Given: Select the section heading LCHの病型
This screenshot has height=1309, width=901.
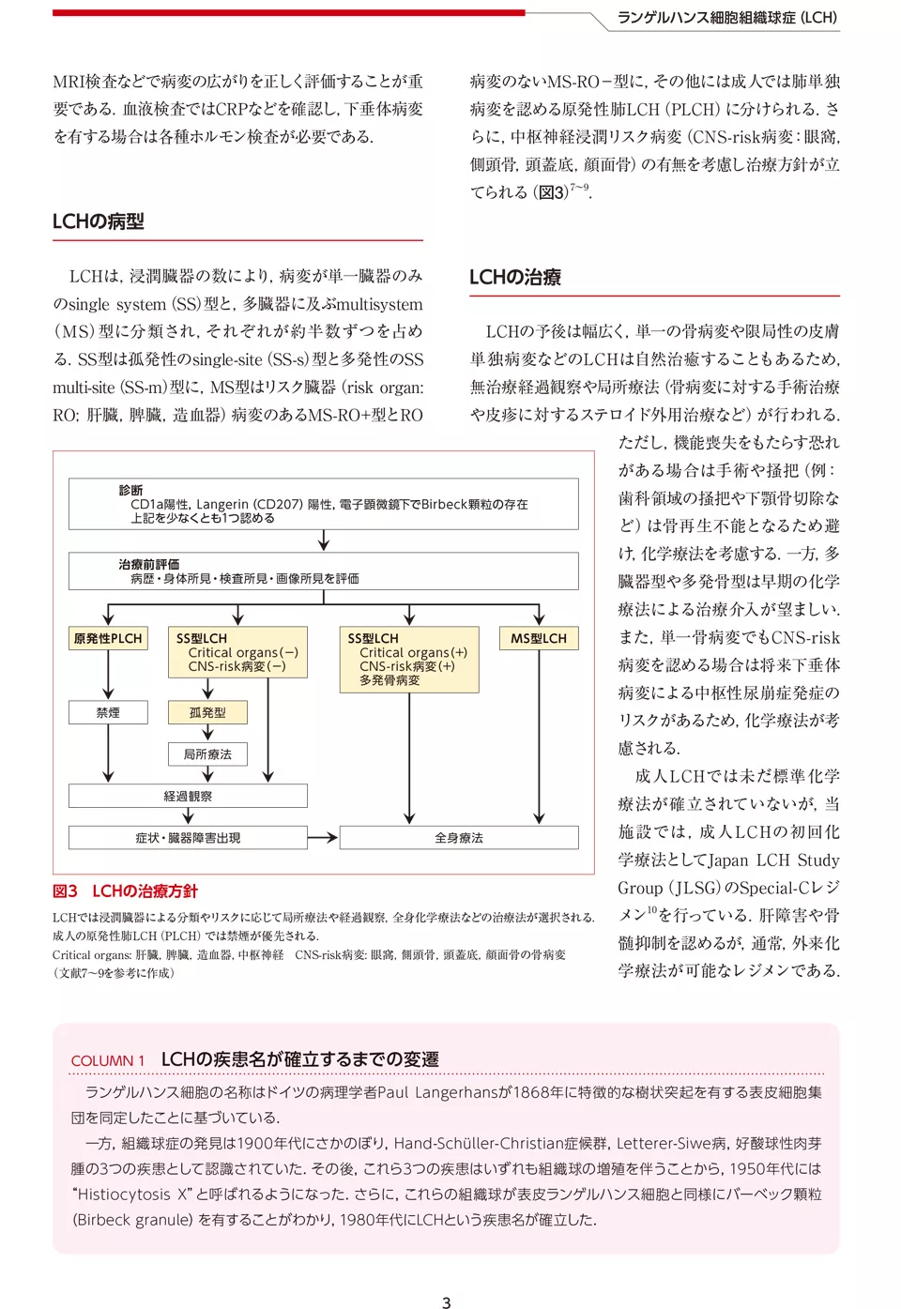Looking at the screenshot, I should click(99, 222).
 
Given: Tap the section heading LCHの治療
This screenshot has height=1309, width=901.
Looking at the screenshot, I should click(515, 278).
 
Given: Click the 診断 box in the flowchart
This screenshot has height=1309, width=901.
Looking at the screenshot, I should click(323, 504).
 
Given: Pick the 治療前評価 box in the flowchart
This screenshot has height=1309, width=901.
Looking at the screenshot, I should click(323, 571).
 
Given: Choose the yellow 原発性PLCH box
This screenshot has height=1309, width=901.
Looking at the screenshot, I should click(108, 639).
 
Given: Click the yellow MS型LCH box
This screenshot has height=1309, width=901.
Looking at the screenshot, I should click(539, 639).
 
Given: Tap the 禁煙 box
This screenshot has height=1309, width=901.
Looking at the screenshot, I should click(108, 713).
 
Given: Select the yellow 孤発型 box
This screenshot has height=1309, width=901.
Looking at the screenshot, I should click(207, 713).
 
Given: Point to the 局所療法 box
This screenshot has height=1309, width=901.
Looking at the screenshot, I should click(207, 754).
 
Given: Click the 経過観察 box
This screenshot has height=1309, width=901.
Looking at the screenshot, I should click(188, 797).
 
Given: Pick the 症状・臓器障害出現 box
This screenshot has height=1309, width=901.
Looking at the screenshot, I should click(188, 838).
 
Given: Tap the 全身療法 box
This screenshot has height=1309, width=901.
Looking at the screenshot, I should click(459, 838).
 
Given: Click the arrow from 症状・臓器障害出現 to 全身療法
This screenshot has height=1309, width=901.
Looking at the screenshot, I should click(323, 838).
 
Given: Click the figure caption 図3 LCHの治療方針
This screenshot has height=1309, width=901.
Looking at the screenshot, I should click(125, 891).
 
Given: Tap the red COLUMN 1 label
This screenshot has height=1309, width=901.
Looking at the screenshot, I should click(108, 1061).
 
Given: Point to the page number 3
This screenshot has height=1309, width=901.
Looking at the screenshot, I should click(447, 1302).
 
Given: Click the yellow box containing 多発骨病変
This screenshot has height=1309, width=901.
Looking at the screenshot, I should click(408, 660).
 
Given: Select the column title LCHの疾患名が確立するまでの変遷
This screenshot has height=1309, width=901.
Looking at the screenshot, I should click(300, 1059).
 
